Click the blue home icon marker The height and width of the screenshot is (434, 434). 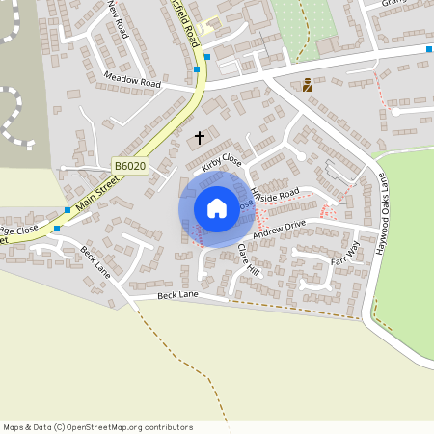pyautogui.click(x=216, y=208)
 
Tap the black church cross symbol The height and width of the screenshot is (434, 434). pyautogui.click(x=200, y=138)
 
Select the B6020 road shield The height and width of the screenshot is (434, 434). pyautogui.click(x=129, y=167)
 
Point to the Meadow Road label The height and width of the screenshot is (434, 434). pyautogui.click(x=134, y=84)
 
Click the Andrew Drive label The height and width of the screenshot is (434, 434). pyautogui.click(x=279, y=229)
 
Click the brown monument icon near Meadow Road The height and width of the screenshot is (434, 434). pyautogui.click(x=308, y=85)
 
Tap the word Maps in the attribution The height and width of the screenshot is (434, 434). pyautogui.click(x=14, y=427)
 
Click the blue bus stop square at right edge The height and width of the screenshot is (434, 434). pyautogui.click(x=429, y=48)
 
